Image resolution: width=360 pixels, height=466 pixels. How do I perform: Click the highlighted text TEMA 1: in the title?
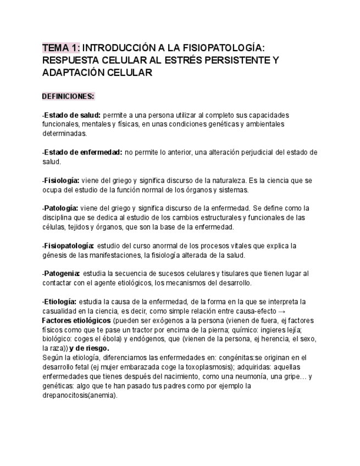(60, 48)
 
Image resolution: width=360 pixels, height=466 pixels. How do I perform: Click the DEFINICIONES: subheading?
(68, 97)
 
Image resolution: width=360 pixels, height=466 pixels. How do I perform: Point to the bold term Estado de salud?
(71, 115)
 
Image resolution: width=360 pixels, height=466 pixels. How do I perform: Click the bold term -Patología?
(60, 208)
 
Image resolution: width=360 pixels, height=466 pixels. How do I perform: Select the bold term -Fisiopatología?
(68, 246)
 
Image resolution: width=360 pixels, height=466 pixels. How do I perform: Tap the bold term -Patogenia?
(61, 273)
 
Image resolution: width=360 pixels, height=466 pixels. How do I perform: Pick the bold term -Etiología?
(59, 302)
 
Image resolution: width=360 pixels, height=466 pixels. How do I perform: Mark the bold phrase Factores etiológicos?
(76, 320)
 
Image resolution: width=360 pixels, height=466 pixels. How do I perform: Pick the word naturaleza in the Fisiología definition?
(227, 180)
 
